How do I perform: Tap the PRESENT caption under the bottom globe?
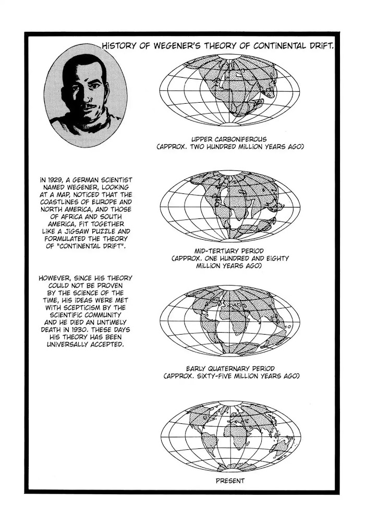click(230, 481)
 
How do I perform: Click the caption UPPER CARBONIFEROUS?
click(229, 139)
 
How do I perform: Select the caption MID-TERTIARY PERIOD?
click(229, 250)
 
